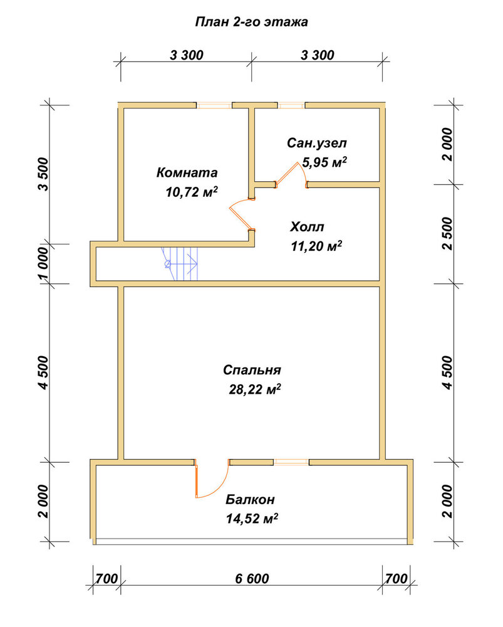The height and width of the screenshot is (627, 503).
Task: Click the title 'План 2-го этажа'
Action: tap(251, 21)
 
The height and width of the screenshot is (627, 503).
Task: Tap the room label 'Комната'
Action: tap(187, 172)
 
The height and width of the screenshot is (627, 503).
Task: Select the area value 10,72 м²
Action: tap(192, 192)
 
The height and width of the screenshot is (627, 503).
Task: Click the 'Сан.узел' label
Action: tap(317, 143)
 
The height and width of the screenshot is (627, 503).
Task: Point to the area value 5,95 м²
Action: tap(324, 162)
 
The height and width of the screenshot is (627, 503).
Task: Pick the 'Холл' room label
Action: tap(307, 227)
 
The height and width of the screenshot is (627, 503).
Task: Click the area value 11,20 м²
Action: tap(316, 246)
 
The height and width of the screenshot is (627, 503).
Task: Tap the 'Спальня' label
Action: tap(252, 370)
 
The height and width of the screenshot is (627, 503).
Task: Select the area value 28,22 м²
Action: tap(255, 389)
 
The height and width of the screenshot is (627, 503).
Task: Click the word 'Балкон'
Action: tap(250, 500)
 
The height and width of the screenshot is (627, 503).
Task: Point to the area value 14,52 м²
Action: tap(252, 519)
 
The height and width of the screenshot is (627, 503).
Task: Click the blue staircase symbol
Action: tap(180, 263)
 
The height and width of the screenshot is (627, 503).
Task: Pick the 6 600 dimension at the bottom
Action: tap(252, 578)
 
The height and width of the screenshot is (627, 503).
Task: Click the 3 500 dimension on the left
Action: tap(43, 174)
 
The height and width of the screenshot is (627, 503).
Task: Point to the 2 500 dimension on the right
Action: tap(448, 233)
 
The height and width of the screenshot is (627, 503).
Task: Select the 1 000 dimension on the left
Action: tap(43, 263)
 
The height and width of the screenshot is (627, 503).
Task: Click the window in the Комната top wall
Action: tap(214, 105)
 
